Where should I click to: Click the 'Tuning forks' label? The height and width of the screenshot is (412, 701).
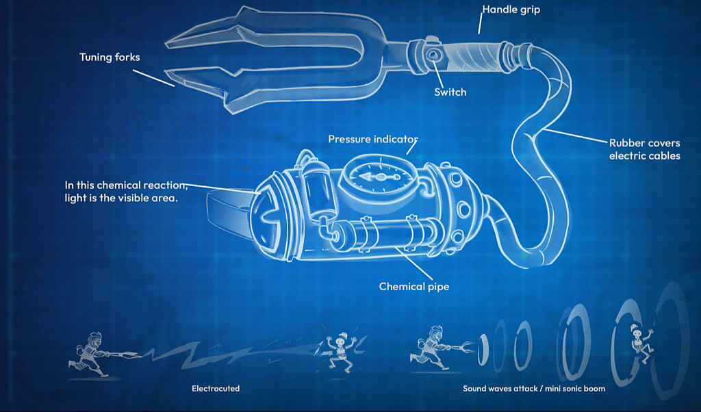click(x=110, y=57)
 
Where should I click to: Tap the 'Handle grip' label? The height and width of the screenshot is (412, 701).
click(x=511, y=10)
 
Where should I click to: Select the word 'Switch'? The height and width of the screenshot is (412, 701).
click(x=450, y=92)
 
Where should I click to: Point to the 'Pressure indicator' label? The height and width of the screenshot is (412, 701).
click(x=373, y=139)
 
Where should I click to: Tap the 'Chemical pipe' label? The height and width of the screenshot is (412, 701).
click(x=414, y=287)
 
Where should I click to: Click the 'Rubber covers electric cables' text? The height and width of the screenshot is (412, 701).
click(x=645, y=149)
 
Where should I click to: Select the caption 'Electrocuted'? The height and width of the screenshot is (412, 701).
click(x=216, y=388)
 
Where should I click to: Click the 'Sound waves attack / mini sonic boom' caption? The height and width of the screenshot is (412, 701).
click(x=534, y=388)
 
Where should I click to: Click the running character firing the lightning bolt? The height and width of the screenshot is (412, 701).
click(x=90, y=354)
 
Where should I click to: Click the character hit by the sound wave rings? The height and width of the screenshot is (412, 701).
click(x=641, y=343)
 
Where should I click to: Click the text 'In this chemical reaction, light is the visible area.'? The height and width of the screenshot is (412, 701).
click(x=126, y=191)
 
